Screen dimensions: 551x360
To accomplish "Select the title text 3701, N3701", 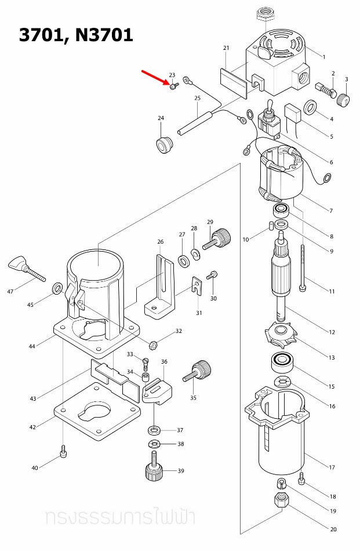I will pyautogui.click(x=76, y=35).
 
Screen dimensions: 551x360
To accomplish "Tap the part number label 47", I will pyautogui.click(x=10, y=291).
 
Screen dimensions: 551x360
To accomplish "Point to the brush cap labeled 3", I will pyautogui.click(x=344, y=100).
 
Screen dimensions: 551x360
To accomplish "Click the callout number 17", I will pyautogui.click(x=332, y=467).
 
